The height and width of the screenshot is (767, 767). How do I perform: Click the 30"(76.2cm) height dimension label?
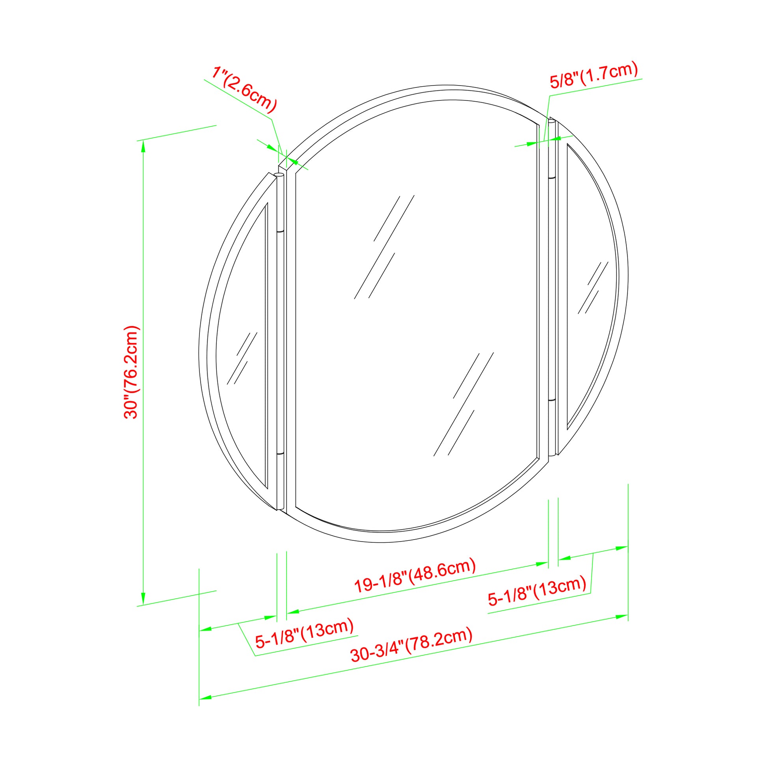tap(131, 372)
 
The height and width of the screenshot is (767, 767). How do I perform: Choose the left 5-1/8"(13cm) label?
tap(304, 634)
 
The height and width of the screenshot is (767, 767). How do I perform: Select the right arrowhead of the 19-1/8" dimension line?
tap(542, 564)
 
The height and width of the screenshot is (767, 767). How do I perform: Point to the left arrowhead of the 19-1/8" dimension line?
tap(292, 612)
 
